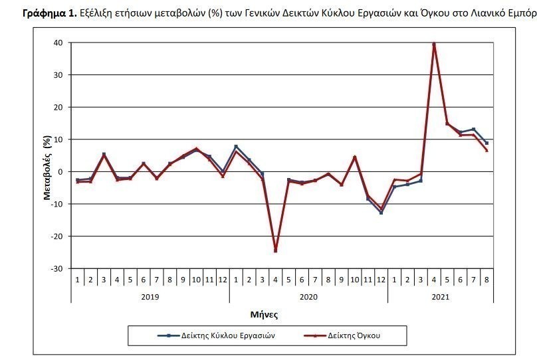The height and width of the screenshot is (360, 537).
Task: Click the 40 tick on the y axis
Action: [58, 43]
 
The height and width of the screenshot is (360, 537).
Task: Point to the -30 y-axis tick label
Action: [56, 268]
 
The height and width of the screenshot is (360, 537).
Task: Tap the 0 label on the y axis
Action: [60, 172]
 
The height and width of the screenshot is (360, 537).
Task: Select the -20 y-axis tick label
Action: [56, 236]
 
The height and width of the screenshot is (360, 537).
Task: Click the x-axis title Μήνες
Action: [264, 313]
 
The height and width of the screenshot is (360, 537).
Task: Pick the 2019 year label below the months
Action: [150, 296]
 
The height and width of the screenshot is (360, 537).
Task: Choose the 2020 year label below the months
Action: [308, 296]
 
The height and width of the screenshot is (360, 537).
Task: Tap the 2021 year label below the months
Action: [441, 296]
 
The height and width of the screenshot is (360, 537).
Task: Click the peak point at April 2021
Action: [434, 45]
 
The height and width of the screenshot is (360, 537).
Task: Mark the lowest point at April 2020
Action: [275, 251]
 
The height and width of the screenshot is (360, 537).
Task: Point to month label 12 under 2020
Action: [381, 279]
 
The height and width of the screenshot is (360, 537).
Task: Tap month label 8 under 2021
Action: [486, 279]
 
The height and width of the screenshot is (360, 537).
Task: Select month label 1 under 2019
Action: [77, 279]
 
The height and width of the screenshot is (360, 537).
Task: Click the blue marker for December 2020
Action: [381, 213]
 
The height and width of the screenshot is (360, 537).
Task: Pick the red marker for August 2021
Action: [486, 151]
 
